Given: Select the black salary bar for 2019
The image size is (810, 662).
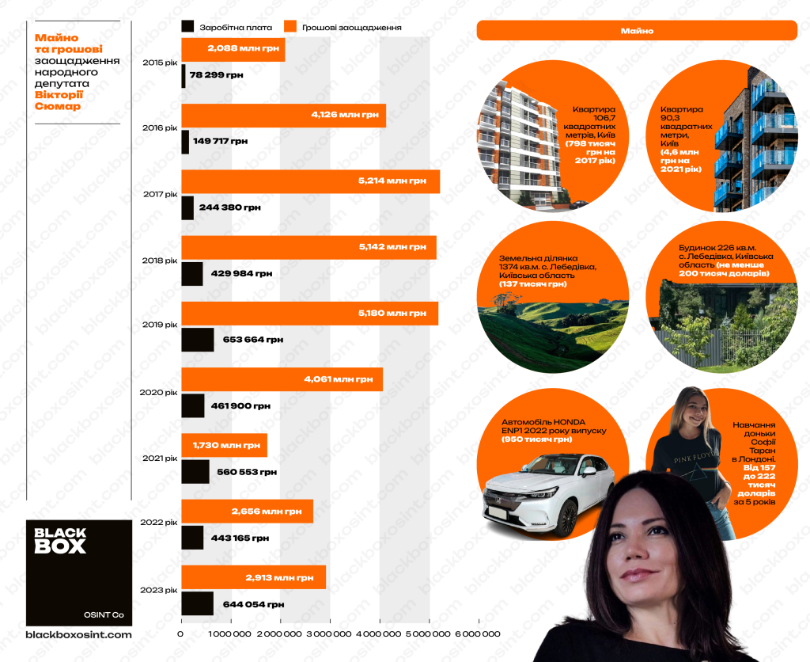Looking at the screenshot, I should tap(197, 340).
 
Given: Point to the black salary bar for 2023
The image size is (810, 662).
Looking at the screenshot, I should tap(197, 603).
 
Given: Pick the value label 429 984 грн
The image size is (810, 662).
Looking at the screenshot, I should tap(241, 273).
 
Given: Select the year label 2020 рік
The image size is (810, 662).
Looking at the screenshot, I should tap(158, 392).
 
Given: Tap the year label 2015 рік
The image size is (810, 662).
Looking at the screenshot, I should tap(159, 63).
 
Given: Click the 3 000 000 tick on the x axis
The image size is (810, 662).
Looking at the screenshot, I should tap(330, 634).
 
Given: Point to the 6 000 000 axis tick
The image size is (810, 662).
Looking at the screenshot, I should tap(478, 634).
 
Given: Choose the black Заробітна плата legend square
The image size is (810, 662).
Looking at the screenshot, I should tap(187, 27).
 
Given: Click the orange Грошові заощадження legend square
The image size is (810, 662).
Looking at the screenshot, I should tap(290, 27).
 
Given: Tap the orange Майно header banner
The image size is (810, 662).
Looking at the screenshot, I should tap(636, 30).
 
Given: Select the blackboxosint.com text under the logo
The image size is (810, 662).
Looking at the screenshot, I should tap(79, 634).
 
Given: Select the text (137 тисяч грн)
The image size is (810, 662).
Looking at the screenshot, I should tap(532, 283).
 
